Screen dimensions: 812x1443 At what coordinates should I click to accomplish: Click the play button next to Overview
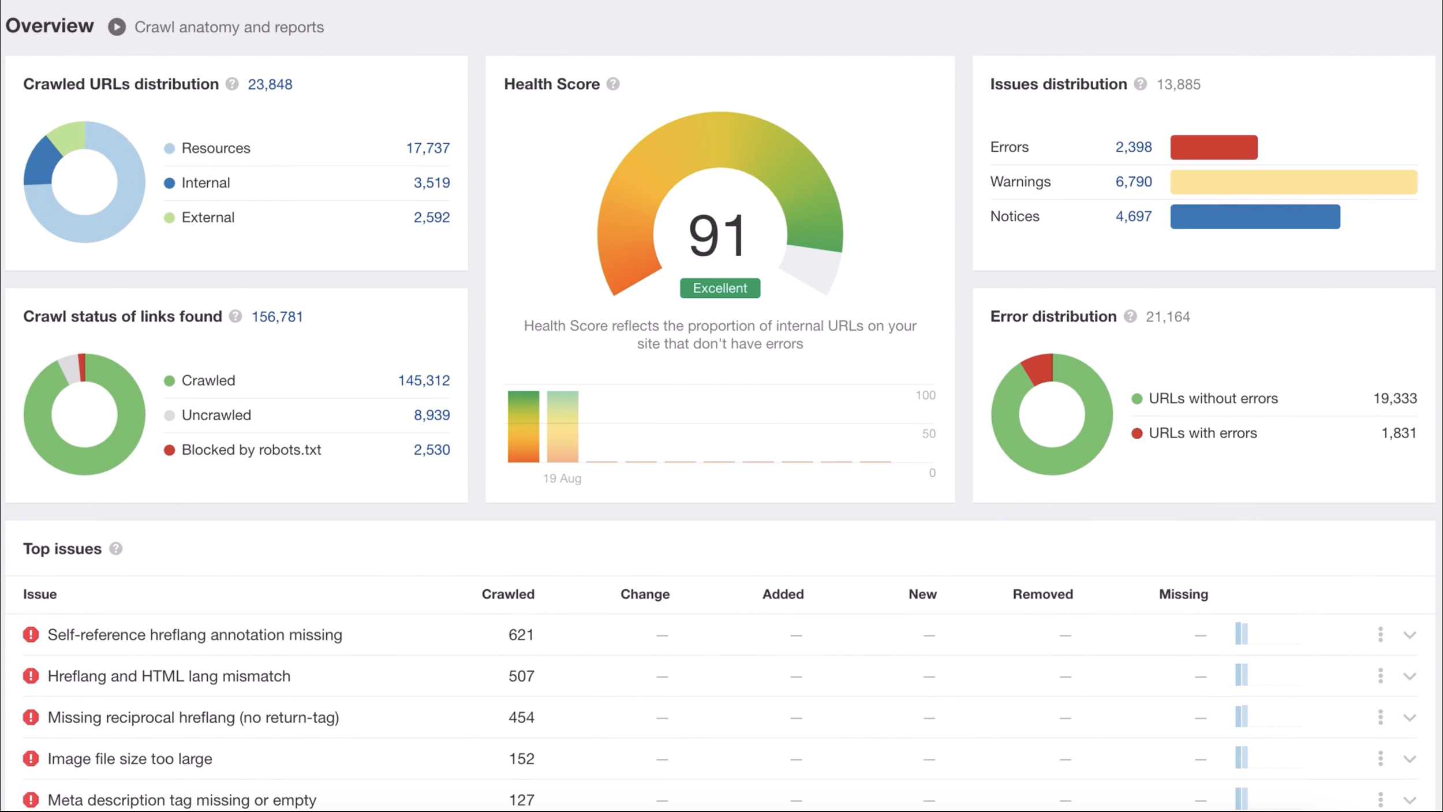[x=117, y=27]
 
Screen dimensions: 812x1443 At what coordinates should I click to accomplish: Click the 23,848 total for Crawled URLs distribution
[x=270, y=84]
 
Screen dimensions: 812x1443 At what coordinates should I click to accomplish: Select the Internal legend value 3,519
[x=431, y=183]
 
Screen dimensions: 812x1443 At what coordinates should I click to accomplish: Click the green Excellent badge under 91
[x=720, y=288]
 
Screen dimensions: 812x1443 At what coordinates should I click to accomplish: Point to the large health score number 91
[x=717, y=235]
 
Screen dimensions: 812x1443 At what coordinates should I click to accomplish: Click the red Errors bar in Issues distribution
[x=1213, y=147]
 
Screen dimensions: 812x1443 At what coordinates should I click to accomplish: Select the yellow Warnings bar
[x=1293, y=182]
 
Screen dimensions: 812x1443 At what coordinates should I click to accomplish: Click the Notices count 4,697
[x=1133, y=216]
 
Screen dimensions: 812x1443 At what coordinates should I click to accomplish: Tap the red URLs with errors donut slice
[x=1040, y=368]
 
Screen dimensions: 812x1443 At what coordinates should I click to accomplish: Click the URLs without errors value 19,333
[x=1395, y=398]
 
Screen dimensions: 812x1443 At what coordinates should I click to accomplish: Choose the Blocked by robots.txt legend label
[x=251, y=450]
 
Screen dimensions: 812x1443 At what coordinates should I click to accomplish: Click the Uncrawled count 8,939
[x=431, y=415]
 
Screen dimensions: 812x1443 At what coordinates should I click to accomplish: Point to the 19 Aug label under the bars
[x=562, y=478]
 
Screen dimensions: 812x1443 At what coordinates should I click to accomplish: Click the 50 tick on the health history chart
[x=928, y=434]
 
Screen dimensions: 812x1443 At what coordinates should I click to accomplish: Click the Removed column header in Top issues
[x=1042, y=594]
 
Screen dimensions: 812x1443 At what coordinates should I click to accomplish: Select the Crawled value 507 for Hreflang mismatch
[x=521, y=676]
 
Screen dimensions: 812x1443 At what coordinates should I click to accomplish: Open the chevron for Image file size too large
[x=1410, y=759]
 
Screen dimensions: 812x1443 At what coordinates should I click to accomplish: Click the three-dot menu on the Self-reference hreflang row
[x=1380, y=635]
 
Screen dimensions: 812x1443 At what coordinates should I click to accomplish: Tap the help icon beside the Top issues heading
[x=115, y=549]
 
